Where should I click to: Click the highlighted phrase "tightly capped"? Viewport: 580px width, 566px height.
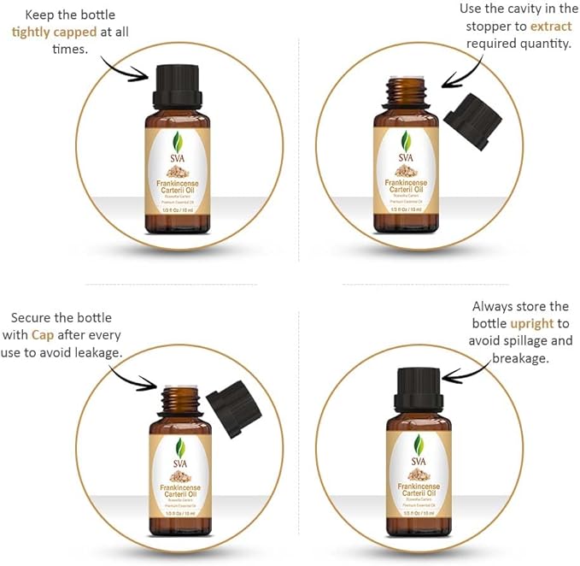pos(54,32)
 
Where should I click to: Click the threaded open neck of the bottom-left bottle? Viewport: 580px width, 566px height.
pos(179,397)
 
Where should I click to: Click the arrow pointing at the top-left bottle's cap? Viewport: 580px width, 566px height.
pos(131,68)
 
